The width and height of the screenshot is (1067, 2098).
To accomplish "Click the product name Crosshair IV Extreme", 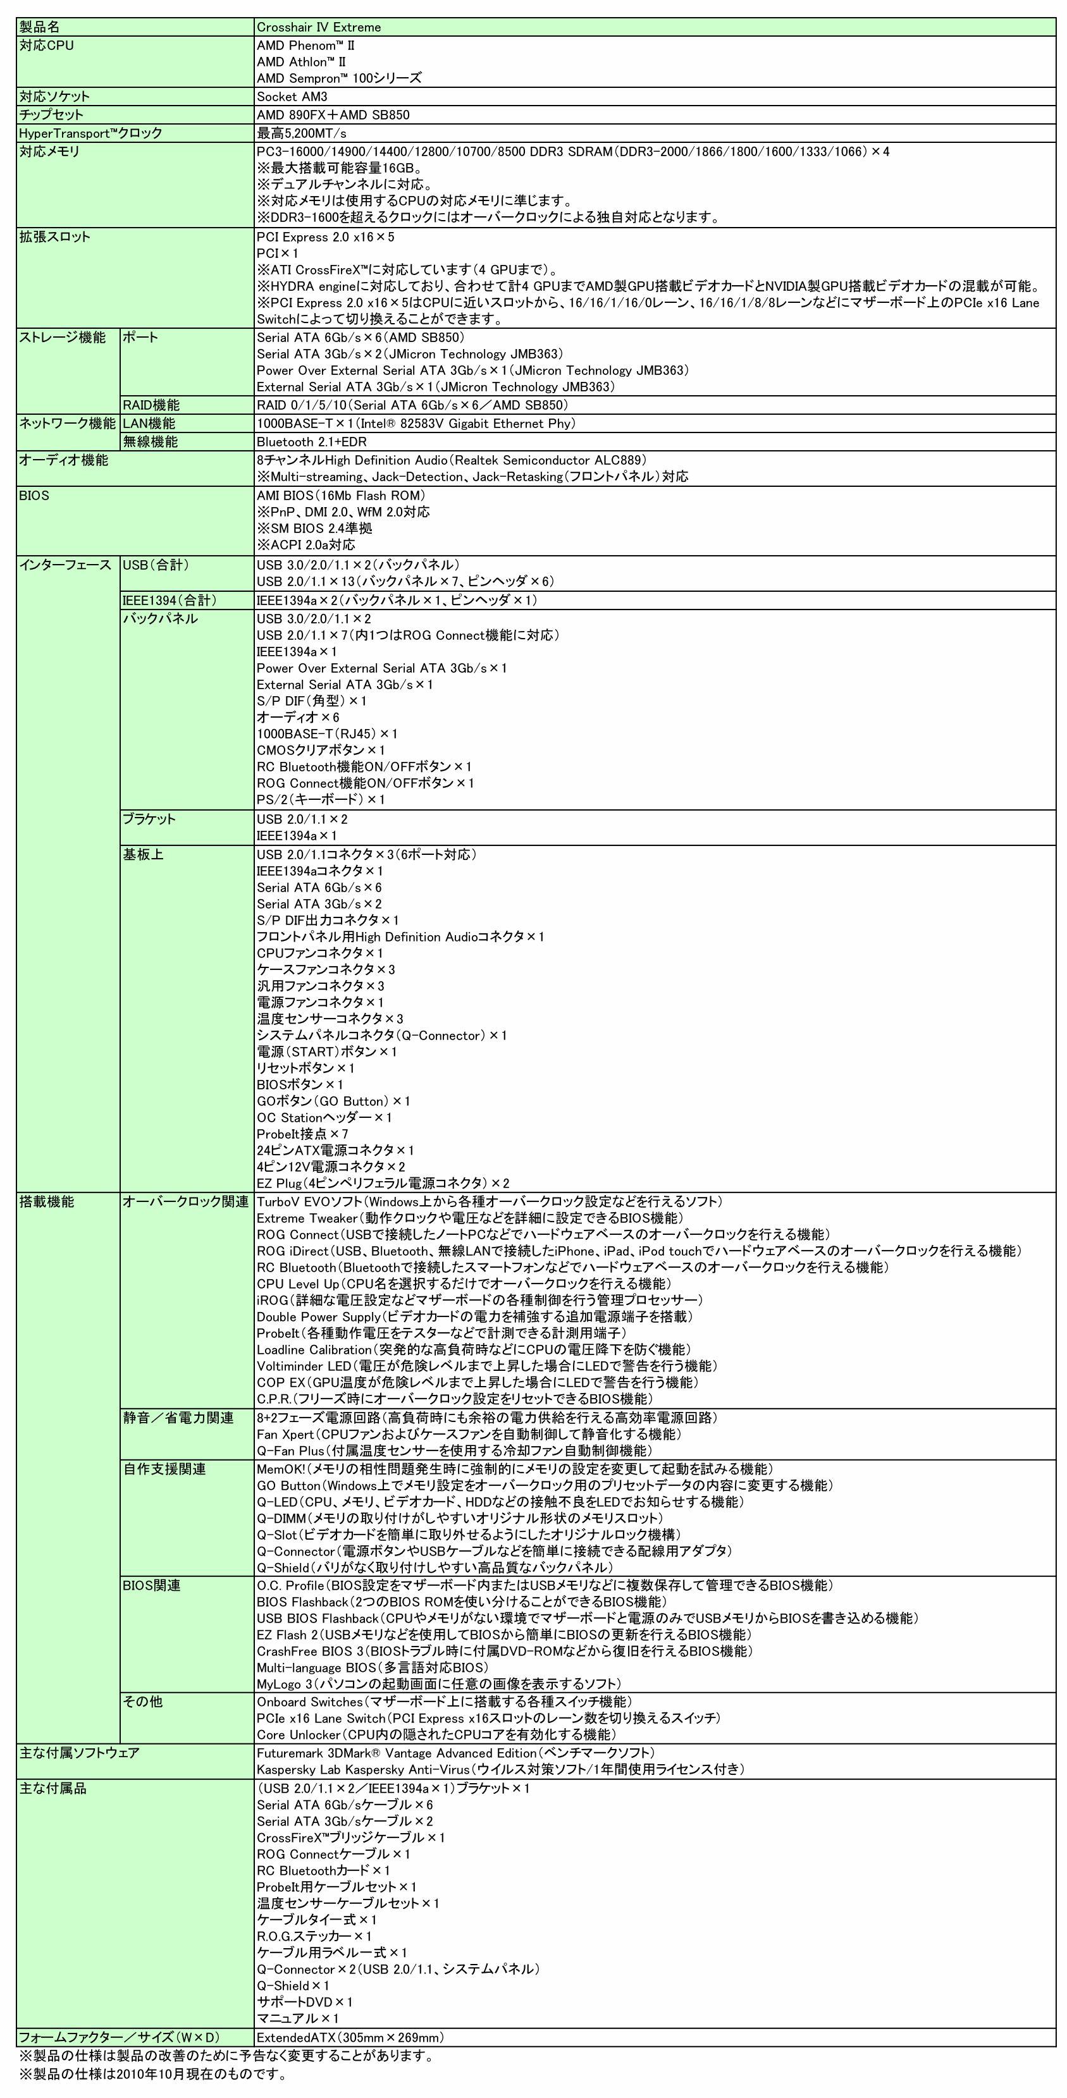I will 319,28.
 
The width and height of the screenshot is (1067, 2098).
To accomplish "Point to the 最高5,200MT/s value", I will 301,133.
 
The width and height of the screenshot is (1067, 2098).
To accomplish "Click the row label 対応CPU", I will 46,46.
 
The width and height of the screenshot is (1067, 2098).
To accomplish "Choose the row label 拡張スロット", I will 54,237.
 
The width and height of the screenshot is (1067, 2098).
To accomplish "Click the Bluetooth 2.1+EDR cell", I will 311,442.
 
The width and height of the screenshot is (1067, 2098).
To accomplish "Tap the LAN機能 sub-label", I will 149,424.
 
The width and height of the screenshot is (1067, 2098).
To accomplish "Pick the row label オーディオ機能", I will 63,460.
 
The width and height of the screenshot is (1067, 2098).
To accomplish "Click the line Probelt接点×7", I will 302,1134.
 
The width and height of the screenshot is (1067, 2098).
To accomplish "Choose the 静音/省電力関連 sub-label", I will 178,1418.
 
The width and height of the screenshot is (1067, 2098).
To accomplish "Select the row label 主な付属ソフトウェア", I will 79,1753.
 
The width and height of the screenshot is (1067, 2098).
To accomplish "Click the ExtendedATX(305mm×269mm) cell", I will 350,2038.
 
